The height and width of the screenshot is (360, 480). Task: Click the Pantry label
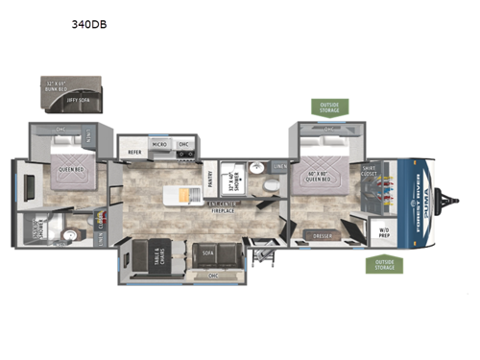pos(210,177)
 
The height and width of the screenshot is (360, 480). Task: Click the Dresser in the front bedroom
pos(324,234)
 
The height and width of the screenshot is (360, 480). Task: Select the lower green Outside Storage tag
pos(382,264)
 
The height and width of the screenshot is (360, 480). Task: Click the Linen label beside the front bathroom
pos(279,166)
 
